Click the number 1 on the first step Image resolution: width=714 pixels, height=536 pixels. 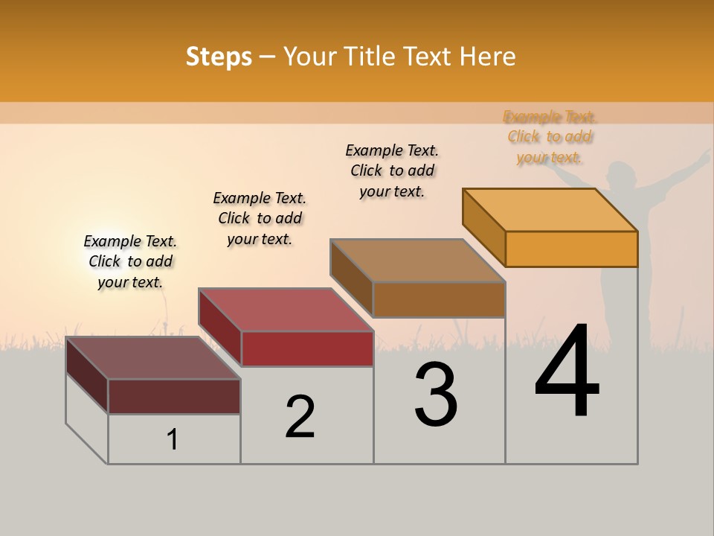[173, 440]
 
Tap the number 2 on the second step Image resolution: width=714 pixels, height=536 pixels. [300, 416]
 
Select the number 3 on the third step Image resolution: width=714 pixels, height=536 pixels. [436, 395]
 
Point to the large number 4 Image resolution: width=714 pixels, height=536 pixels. [567, 371]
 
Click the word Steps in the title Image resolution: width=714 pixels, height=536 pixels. [219, 57]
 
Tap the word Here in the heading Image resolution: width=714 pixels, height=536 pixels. [488, 57]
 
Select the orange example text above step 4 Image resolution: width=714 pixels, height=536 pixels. [550, 137]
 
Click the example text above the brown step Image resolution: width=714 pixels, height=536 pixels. [392, 170]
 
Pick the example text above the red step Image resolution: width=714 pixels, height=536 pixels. [260, 218]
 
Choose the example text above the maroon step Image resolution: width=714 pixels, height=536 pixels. [130, 261]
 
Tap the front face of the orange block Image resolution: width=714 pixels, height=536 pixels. [571, 249]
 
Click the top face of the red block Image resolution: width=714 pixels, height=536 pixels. [286, 309]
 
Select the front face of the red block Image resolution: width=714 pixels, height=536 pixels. [307, 348]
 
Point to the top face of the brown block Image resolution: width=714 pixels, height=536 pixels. [418, 260]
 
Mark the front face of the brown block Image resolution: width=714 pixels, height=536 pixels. [439, 299]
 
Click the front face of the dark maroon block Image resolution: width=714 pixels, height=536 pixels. [174, 396]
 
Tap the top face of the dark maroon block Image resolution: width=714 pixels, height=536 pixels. [153, 357]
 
